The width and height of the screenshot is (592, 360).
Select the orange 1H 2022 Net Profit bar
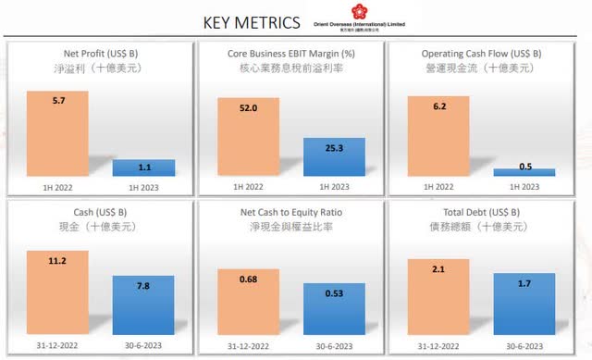point(57,133)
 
